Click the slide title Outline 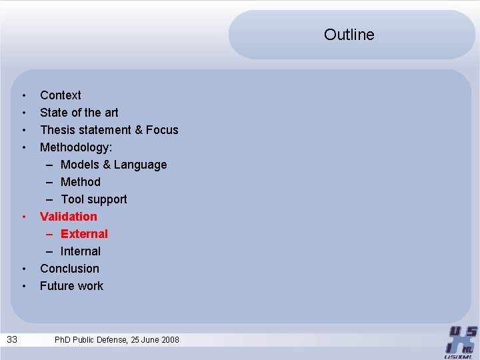tap(349, 35)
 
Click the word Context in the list tap(60, 95)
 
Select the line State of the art tap(79, 113)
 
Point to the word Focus tap(162, 130)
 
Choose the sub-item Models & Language tap(113, 165)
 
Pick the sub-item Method tap(80, 182)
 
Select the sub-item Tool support tap(93, 199)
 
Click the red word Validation tap(68, 217)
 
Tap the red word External tap(84, 234)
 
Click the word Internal tap(80, 251)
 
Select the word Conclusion tap(69, 269)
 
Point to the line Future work tap(71, 286)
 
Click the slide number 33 tap(12, 340)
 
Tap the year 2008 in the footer tap(169, 340)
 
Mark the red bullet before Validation tap(23, 217)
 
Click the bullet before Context tap(23, 95)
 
